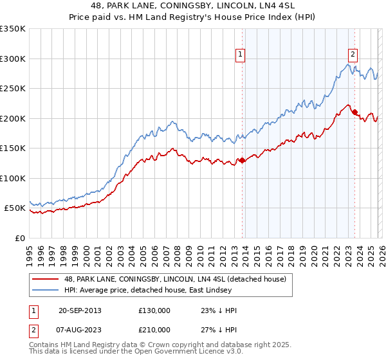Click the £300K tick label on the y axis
(x=12, y=59)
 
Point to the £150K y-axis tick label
(x=12, y=148)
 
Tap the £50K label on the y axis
(x=15, y=208)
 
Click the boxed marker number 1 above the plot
(x=240, y=55)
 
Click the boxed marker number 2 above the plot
(x=353, y=55)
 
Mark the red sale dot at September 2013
(x=242, y=160)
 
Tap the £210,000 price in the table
(x=154, y=330)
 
